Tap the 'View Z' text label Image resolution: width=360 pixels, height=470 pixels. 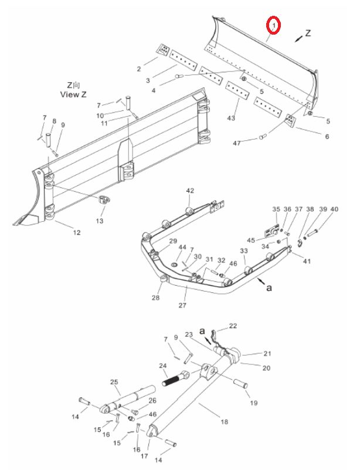click(73, 94)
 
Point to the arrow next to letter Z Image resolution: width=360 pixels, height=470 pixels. click(298, 38)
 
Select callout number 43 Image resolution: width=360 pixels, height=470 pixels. click(231, 118)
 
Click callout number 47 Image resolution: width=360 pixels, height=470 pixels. click(237, 144)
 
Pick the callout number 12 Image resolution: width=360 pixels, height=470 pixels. click(77, 232)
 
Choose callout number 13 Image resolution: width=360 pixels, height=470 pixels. click(100, 221)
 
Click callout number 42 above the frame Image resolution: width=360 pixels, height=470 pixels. click(190, 191)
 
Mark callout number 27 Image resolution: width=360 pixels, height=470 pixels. click(182, 305)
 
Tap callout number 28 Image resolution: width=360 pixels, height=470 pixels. click(156, 297)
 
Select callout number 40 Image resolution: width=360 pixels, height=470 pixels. click(334, 209)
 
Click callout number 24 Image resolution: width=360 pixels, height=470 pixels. click(163, 366)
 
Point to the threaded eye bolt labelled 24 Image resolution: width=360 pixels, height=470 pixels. click(175, 379)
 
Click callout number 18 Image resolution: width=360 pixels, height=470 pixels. click(225, 422)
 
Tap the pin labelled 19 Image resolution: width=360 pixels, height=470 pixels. click(240, 384)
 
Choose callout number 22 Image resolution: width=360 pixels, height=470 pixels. click(233, 326)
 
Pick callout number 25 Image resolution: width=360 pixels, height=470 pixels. click(114, 382)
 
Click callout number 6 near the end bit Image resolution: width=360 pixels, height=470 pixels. click(327, 136)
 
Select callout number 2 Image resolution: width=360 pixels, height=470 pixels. click(139, 69)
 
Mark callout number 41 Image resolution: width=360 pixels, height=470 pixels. click(307, 261)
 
